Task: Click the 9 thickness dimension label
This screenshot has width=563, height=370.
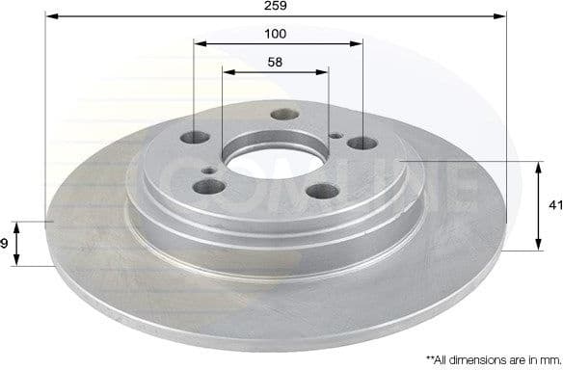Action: coord(5,244)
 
